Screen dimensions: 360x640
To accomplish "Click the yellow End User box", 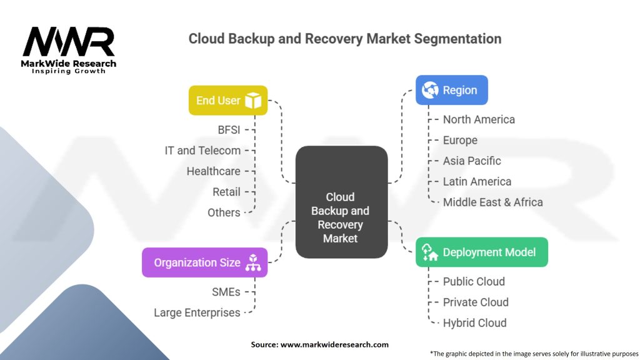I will pyautogui.click(x=228, y=101).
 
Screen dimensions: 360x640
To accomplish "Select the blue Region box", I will pyautogui.click(x=451, y=91).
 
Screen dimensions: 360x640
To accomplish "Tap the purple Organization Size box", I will pyautogui.click(x=204, y=262).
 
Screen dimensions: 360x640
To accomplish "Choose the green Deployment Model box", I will pyautogui.click(x=481, y=252).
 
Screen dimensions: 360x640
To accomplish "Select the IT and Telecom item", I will pyautogui.click(x=202, y=151).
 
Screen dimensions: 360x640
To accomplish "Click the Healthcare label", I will pyautogui.click(x=213, y=171).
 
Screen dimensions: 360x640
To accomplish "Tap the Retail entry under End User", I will pyautogui.click(x=226, y=192).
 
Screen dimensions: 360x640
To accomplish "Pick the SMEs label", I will pyautogui.click(x=225, y=292).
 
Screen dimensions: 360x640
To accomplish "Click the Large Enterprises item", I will pyautogui.click(x=197, y=312).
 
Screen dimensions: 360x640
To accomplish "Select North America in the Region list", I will pyautogui.click(x=479, y=119).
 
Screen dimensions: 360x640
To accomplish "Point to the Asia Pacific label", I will pyautogui.click(x=472, y=161).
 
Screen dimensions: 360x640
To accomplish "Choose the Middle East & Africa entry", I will pyautogui.click(x=492, y=202).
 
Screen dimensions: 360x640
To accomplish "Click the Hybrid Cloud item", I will pyautogui.click(x=474, y=322).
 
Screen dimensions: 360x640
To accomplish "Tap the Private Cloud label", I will pyautogui.click(x=476, y=302).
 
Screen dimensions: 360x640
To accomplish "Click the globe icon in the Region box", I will pyautogui.click(x=430, y=91).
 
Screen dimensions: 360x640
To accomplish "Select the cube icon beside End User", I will pyautogui.click(x=253, y=101).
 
